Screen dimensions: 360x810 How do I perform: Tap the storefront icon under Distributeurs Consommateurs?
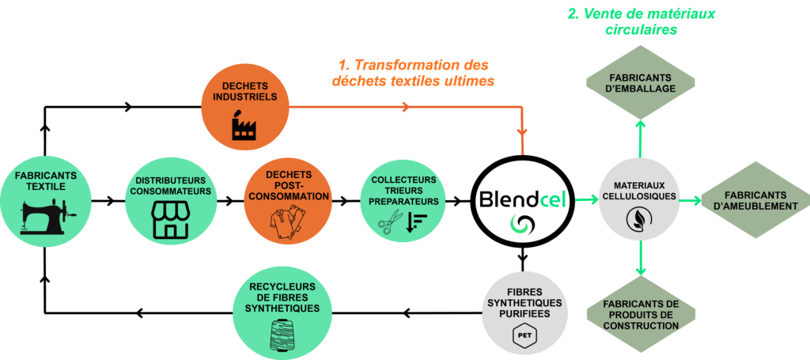coord(171,219)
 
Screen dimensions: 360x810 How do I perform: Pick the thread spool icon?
coord(282,335)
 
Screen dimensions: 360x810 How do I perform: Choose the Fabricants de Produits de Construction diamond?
coord(641,315)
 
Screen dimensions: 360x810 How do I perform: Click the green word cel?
coord(554,199)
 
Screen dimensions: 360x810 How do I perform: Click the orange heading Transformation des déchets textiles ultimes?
coord(413,74)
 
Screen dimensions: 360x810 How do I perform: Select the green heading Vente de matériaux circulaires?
coord(641,21)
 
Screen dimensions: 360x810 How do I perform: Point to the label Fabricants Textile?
coord(46,180)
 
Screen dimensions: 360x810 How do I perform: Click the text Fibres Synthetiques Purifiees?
coord(524,303)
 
